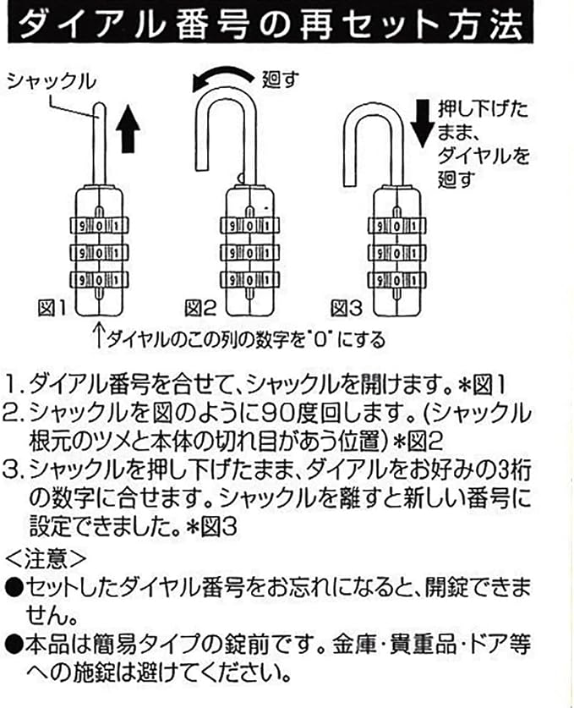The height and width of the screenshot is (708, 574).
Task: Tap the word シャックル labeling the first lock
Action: [x=52, y=81]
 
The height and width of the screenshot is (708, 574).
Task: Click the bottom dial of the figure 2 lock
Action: [x=247, y=280]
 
